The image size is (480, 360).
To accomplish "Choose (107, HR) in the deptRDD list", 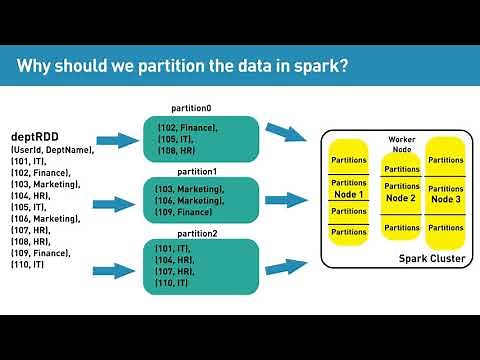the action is coord(33,230).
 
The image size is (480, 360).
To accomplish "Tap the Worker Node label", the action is coord(401,143).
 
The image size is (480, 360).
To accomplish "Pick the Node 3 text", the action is coord(445,200).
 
